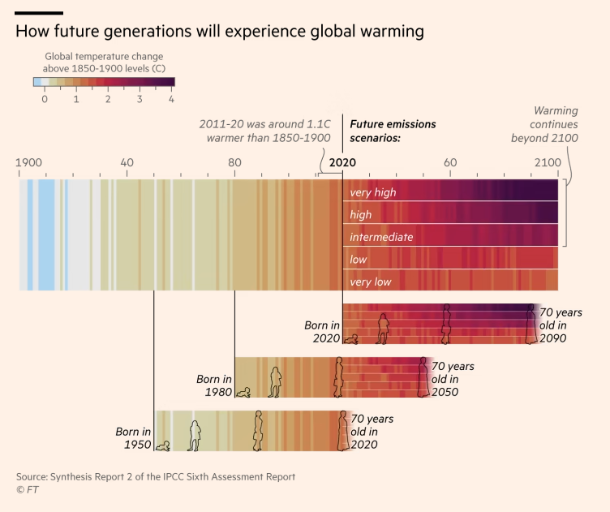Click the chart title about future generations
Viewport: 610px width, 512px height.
(x=220, y=32)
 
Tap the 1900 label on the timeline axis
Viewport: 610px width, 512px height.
(x=28, y=163)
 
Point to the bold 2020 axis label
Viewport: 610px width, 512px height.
(x=342, y=163)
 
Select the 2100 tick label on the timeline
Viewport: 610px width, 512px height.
(x=547, y=163)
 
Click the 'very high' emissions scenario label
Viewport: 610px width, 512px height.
(x=373, y=193)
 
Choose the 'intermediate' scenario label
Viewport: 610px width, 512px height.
(x=381, y=238)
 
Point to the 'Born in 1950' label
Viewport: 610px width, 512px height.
(x=134, y=438)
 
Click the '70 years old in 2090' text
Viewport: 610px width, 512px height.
(x=561, y=325)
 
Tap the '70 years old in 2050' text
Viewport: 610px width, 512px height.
(x=453, y=379)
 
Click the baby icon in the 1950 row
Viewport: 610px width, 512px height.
(x=164, y=445)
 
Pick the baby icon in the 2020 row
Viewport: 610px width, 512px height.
(x=351, y=339)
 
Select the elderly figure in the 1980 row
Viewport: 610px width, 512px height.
(x=423, y=377)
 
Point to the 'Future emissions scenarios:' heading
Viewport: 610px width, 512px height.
(x=393, y=131)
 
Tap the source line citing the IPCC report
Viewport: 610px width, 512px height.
(x=156, y=476)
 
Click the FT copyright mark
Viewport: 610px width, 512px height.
(x=27, y=489)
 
